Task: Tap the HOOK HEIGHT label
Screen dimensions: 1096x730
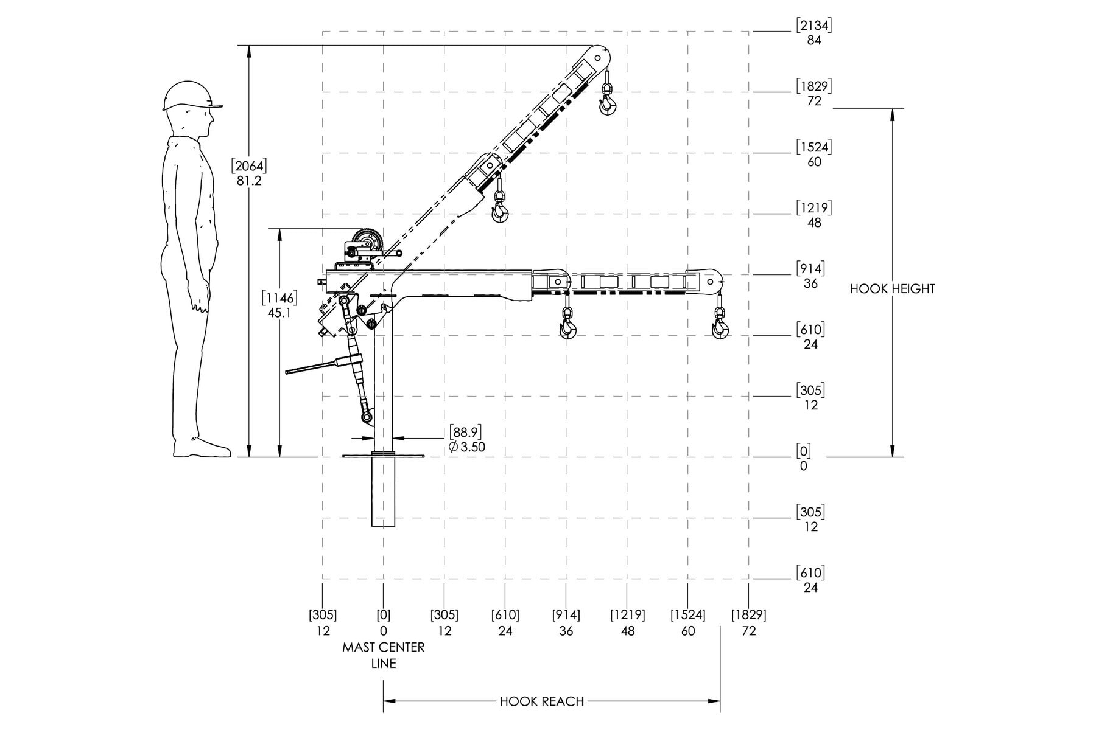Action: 892,289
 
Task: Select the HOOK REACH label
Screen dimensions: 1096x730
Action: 542,701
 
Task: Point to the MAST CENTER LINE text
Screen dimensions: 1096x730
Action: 384,655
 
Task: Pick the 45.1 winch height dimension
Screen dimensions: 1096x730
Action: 279,305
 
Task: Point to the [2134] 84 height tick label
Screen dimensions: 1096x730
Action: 814,33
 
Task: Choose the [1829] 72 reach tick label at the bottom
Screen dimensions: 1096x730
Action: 749,623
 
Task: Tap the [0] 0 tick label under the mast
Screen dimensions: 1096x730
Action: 384,623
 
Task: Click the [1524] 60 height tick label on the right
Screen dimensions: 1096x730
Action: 814,155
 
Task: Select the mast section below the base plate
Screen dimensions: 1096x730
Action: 384,492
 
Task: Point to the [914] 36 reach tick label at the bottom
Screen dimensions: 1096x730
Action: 566,623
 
